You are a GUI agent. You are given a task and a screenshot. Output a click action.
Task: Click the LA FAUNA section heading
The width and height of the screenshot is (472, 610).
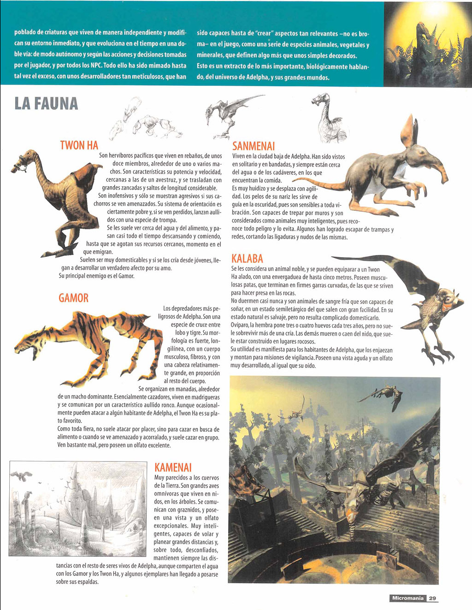click(46, 103)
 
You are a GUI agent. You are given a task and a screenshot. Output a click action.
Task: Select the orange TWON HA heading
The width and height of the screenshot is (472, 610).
click(79, 145)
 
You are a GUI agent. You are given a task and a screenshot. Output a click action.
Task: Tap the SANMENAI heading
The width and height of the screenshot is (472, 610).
click(254, 146)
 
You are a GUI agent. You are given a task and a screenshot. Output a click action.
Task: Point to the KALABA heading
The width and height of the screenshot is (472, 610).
click(247, 258)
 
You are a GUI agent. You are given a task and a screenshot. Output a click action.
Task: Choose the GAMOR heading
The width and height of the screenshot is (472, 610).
click(73, 298)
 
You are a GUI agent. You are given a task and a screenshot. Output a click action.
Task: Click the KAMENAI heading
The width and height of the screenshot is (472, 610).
click(173, 468)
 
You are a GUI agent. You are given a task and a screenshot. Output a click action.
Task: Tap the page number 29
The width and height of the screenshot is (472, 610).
click(432, 598)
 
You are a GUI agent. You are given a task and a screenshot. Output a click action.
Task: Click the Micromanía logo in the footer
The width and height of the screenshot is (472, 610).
click(407, 598)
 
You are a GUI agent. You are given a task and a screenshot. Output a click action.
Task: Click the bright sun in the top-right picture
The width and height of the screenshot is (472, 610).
click(431, 12)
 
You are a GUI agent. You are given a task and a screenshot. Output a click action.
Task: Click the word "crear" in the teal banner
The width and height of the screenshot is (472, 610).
click(264, 34)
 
